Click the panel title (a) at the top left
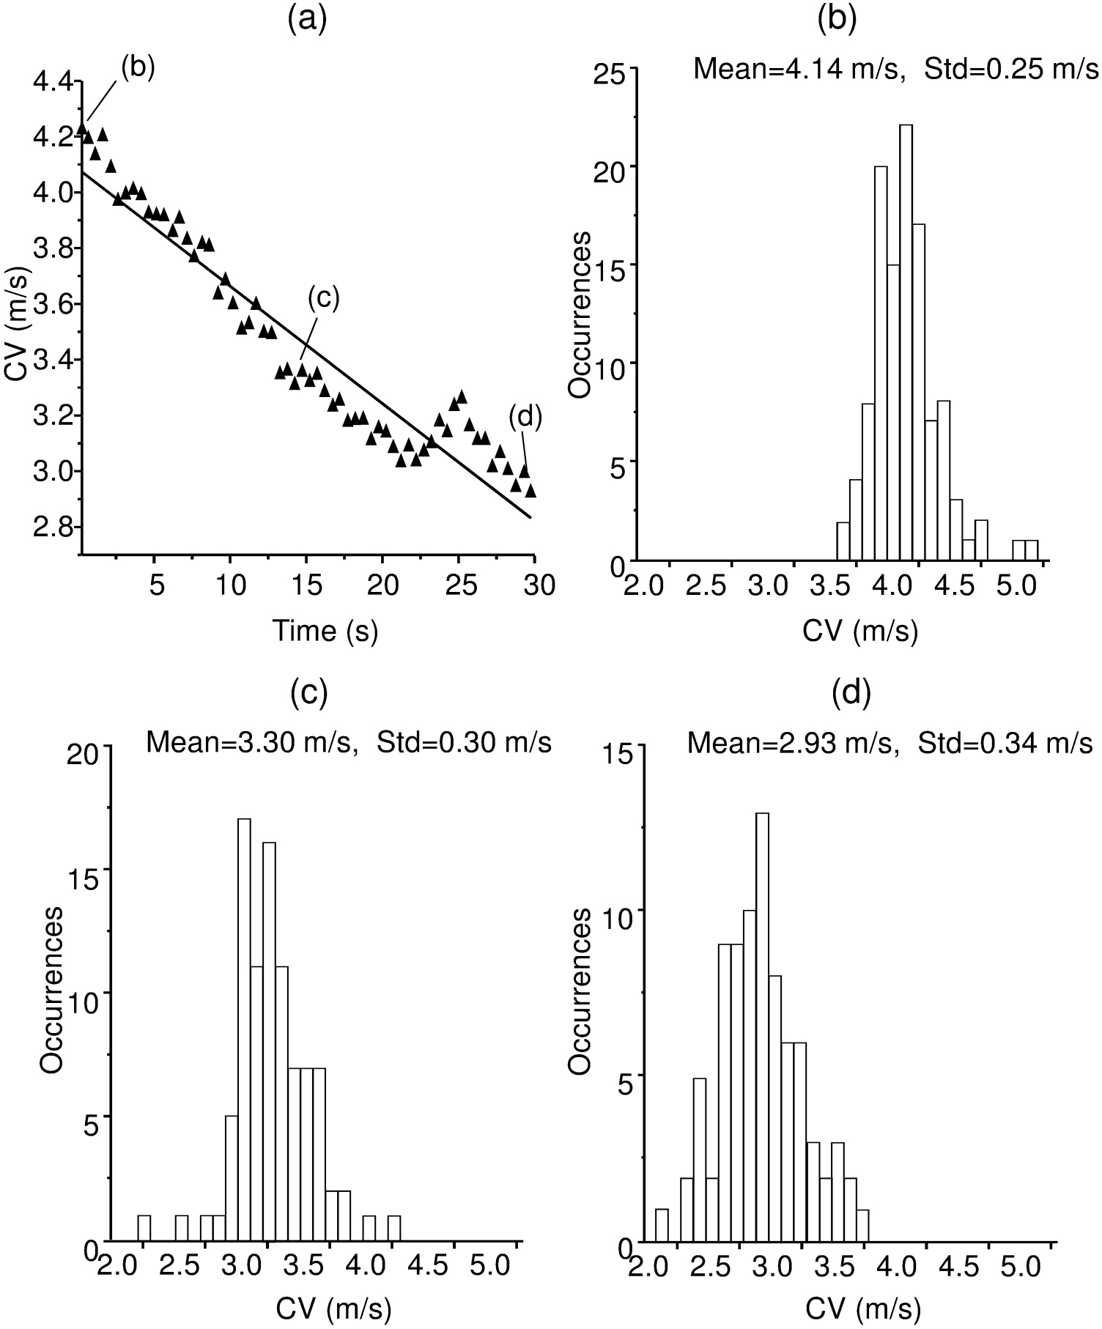click(x=307, y=20)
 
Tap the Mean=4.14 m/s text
click(x=796, y=70)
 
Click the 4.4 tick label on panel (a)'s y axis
click(x=53, y=81)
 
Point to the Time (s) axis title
click(x=325, y=629)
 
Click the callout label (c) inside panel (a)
click(x=323, y=298)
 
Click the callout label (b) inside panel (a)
click(x=138, y=67)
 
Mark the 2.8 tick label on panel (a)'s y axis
click(x=53, y=527)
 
